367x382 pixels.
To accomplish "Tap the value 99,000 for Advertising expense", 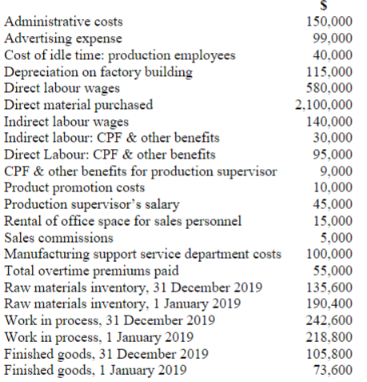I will tap(335, 38).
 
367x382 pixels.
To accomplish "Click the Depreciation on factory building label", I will tap(98, 72).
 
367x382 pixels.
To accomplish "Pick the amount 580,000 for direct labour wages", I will tap(332, 87).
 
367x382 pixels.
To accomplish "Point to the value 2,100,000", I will tap(325, 103).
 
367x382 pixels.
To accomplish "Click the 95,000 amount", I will tap(335, 153).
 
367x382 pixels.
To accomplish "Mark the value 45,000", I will tap(335, 203).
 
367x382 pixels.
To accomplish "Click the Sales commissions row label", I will tap(58, 237).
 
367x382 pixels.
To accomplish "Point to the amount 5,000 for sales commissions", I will tap(339, 237).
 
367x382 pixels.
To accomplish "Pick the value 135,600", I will tap(332, 287).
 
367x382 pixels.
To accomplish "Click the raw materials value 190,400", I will tap(332, 304).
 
